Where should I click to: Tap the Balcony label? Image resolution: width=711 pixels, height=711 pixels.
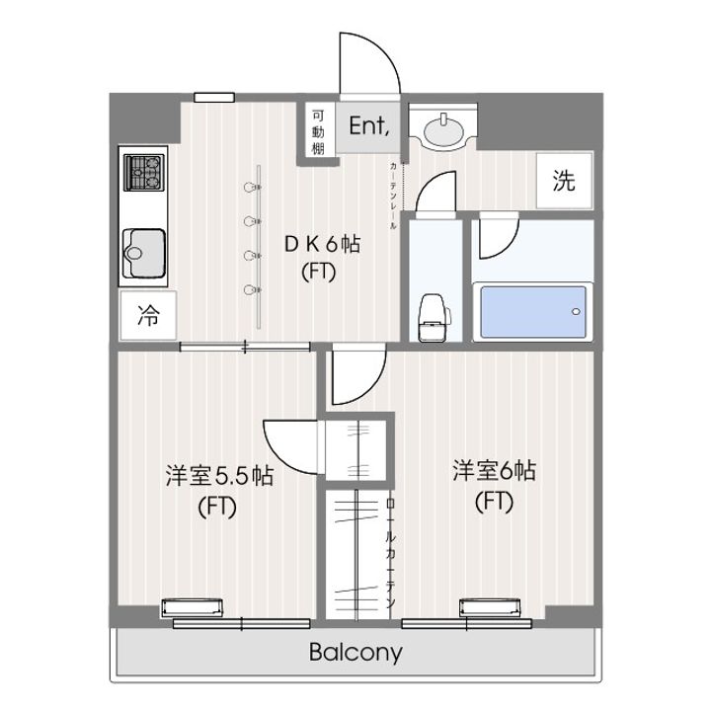click(x=355, y=653)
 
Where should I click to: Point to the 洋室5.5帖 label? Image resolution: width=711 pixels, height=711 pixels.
click(x=218, y=477)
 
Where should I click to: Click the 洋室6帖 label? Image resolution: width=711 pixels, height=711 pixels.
click(x=494, y=471)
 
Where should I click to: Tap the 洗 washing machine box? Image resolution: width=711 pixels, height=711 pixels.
click(x=564, y=181)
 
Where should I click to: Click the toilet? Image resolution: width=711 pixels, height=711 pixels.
click(x=433, y=315)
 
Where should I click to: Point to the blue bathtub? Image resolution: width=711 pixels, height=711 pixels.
click(x=531, y=311)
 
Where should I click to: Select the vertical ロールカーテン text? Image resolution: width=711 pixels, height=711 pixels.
click(x=391, y=553)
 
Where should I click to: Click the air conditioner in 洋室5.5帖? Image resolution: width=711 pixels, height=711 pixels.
click(x=194, y=606)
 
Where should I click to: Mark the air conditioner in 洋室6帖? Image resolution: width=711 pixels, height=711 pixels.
click(x=490, y=606)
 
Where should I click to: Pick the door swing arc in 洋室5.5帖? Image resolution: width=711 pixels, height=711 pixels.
click(x=290, y=444)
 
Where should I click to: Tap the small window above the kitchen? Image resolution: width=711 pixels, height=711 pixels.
click(x=214, y=97)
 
